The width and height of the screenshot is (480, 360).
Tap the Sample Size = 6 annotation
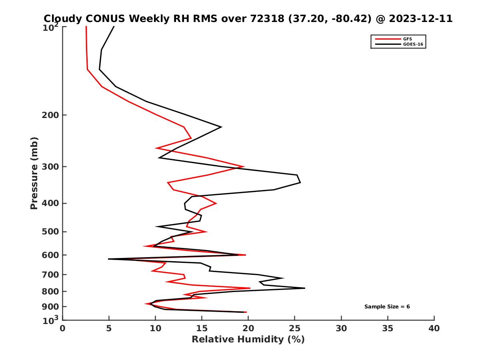click(x=387, y=307)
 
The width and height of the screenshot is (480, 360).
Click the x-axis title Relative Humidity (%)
click(x=248, y=340)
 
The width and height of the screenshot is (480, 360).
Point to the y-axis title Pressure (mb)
click(x=34, y=173)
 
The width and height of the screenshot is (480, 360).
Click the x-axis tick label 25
click(x=295, y=329)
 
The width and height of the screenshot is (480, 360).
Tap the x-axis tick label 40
click(x=434, y=329)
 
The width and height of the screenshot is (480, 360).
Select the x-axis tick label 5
click(x=109, y=329)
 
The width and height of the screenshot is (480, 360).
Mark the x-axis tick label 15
click(x=202, y=329)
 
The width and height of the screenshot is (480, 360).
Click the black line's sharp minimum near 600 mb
click(x=109, y=259)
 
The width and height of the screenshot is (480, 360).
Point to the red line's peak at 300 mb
click(x=244, y=166)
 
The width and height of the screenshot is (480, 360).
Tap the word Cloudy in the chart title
click(x=63, y=18)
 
